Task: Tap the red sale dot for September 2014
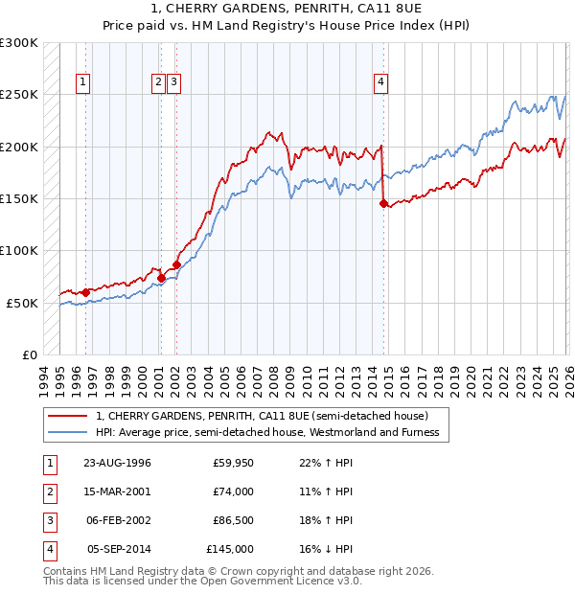pyautogui.click(x=383, y=203)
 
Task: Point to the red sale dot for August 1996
pyautogui.click(x=85, y=292)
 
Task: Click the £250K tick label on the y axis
pyautogui.click(x=19, y=95)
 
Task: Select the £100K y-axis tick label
pyautogui.click(x=19, y=250)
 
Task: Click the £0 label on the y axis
pyautogui.click(x=30, y=354)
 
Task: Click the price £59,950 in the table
pyautogui.click(x=233, y=463)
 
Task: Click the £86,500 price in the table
pyautogui.click(x=233, y=520)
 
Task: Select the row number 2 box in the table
pyautogui.click(x=48, y=491)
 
